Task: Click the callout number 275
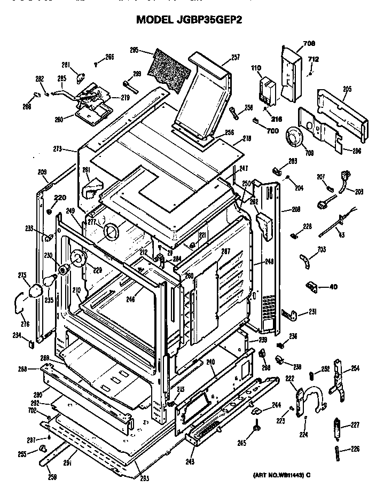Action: (22, 276)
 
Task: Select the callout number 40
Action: (333, 287)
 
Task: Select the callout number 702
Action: (32, 411)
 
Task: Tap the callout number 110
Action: (255, 68)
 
